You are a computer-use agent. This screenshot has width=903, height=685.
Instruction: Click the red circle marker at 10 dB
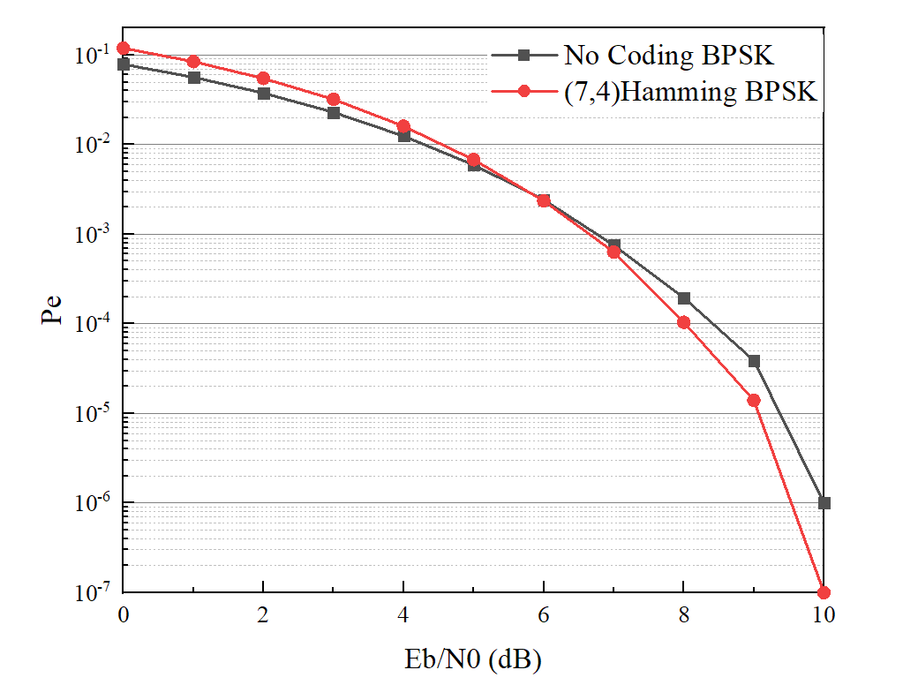pyautogui.click(x=824, y=591)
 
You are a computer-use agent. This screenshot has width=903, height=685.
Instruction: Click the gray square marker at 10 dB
pyautogui.click(x=824, y=503)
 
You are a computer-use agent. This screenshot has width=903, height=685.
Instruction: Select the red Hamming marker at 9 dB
pyautogui.click(x=754, y=400)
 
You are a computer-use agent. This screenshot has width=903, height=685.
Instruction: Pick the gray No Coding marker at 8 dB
pyautogui.click(x=684, y=298)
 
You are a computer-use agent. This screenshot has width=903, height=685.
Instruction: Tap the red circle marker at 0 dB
pyautogui.click(x=124, y=49)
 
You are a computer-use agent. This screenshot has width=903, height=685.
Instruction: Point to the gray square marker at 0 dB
pyautogui.click(x=124, y=64)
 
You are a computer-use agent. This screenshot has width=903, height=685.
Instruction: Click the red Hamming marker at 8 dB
pyautogui.click(x=684, y=322)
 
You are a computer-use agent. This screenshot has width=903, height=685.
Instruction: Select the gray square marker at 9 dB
pyautogui.click(x=754, y=361)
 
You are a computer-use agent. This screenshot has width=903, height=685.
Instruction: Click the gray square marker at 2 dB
pyautogui.click(x=263, y=94)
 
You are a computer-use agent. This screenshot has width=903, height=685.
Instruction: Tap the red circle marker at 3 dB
pyautogui.click(x=334, y=99)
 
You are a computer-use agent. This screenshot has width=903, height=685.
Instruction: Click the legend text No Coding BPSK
pyautogui.click(x=669, y=56)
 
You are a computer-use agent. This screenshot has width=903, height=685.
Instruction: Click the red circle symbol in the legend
pyautogui.click(x=523, y=90)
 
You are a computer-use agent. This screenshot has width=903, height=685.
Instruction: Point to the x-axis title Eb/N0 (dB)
pyautogui.click(x=474, y=659)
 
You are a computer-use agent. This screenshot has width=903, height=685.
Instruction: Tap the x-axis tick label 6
pyautogui.click(x=544, y=615)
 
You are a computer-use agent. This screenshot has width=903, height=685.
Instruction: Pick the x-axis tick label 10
pyautogui.click(x=824, y=615)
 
